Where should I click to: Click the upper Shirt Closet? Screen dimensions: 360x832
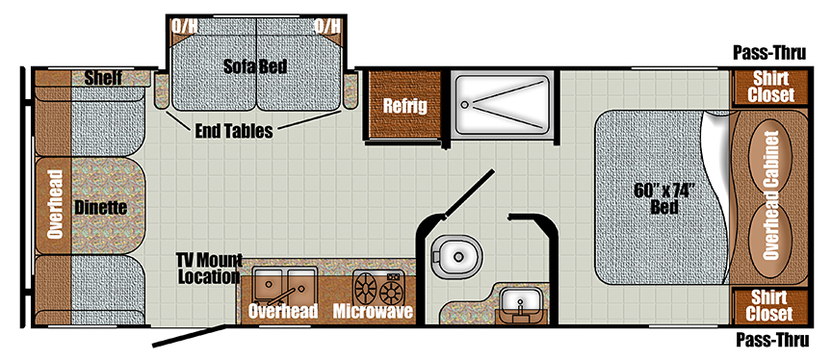[x=771, y=88]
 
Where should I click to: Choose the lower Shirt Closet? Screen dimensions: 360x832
[x=771, y=306]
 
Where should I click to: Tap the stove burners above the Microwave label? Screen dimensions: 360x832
[x=378, y=287]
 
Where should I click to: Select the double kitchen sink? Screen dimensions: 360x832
[x=282, y=286]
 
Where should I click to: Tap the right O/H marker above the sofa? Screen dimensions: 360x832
[x=326, y=25]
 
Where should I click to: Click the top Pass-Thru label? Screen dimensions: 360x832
[x=767, y=52]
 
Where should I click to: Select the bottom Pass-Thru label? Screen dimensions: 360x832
[x=767, y=339]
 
